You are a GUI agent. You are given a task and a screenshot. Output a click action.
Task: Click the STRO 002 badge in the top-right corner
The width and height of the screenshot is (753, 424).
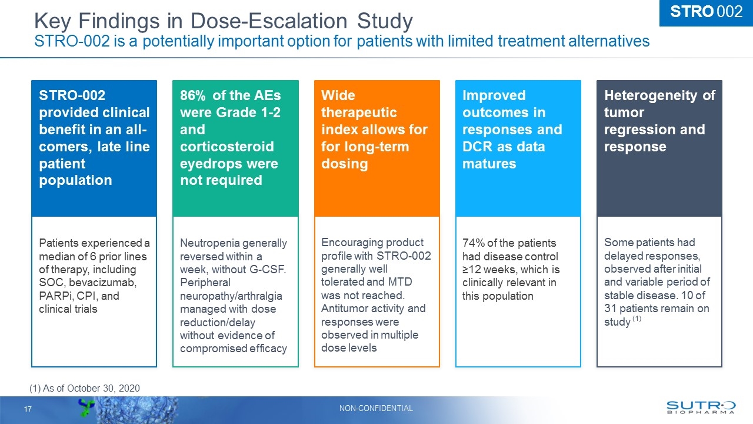[x=706, y=12]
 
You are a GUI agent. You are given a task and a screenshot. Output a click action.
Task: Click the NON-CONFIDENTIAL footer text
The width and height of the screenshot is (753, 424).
[x=376, y=409]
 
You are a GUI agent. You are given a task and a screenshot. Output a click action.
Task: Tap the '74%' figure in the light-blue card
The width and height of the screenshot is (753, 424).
[x=474, y=243]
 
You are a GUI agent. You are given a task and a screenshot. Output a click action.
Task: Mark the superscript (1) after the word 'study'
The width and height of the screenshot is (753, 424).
[x=637, y=319]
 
